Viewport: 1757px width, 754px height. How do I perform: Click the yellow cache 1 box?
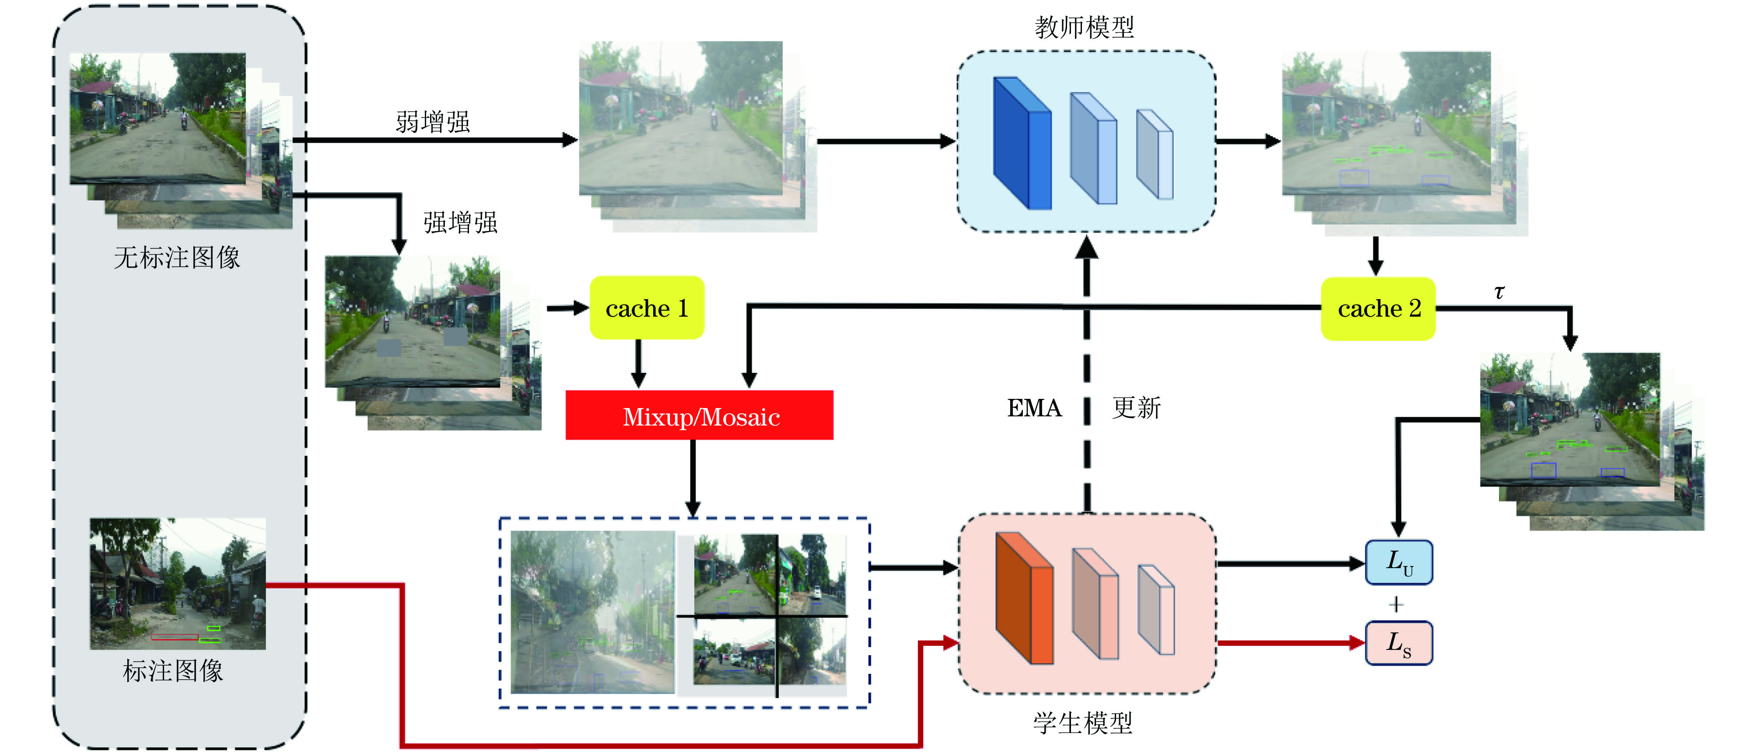pos(646,308)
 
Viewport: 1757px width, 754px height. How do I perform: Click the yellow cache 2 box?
pos(1378,309)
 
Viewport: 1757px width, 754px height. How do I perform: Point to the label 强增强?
pos(460,223)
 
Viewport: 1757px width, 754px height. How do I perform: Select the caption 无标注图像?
pos(177,258)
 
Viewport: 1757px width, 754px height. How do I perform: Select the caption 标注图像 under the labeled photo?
pos(172,671)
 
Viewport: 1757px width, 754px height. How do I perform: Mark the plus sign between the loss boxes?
pos(1396,604)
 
